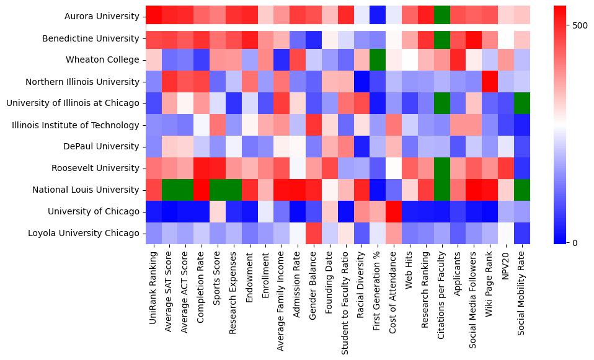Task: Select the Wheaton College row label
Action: point(109,60)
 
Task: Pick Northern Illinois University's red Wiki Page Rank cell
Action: point(490,82)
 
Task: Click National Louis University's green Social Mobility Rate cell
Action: point(522,190)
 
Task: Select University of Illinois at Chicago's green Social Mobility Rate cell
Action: point(522,103)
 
